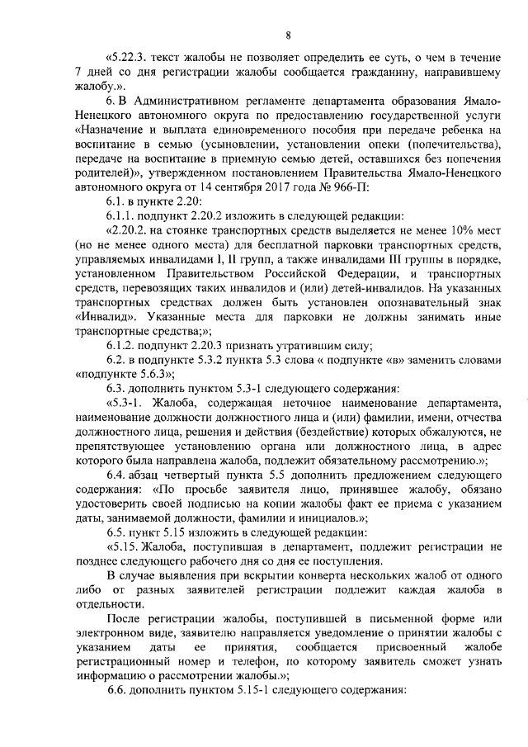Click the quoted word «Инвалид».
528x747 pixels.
(103, 315)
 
